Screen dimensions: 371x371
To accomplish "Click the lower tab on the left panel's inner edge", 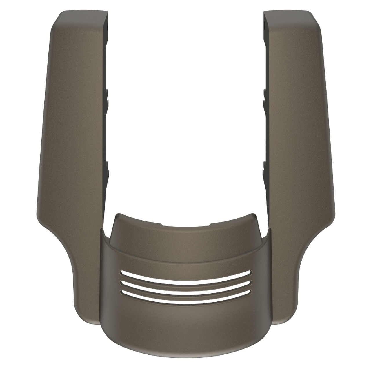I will [x=107, y=168].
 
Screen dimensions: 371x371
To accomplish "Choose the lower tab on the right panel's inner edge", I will [x=265, y=168].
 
